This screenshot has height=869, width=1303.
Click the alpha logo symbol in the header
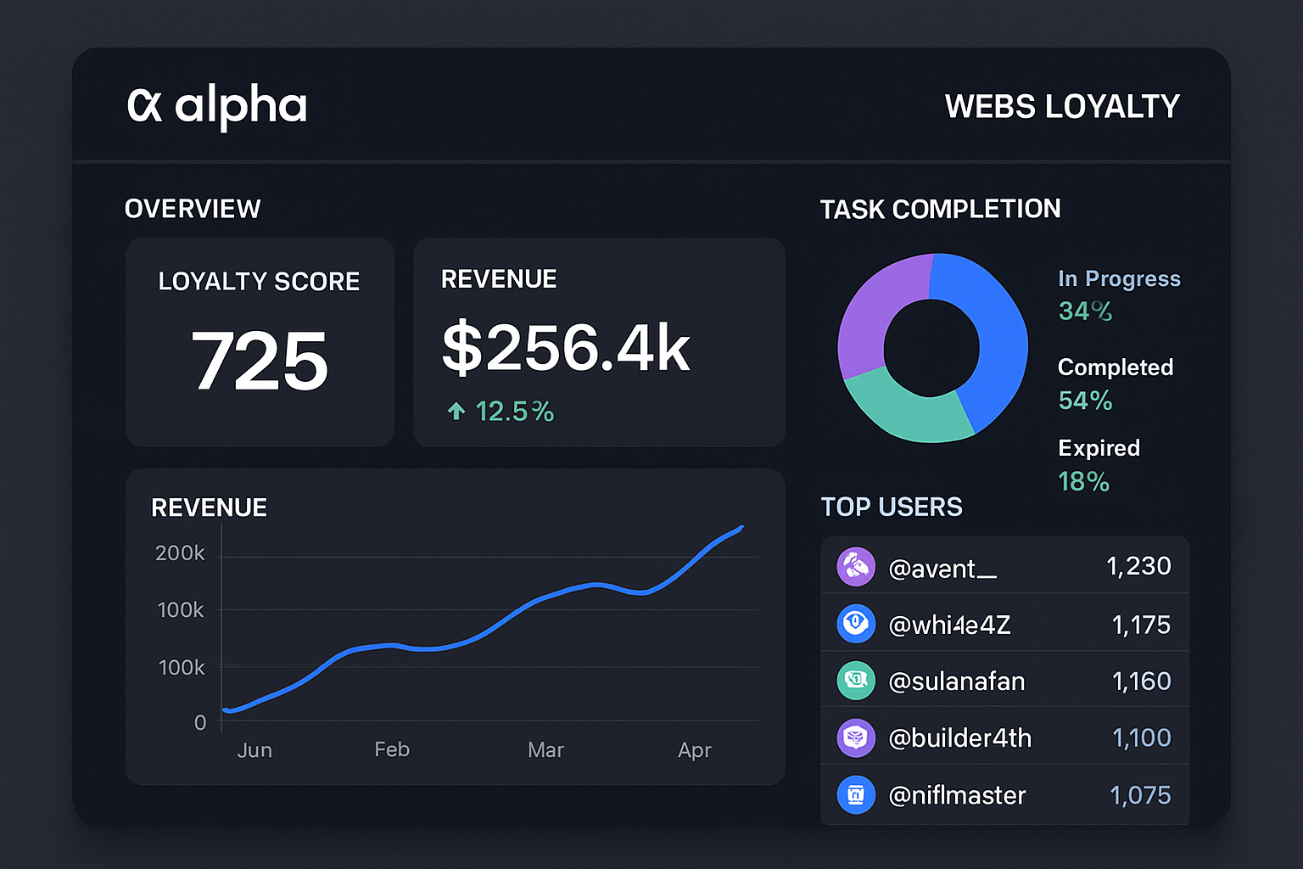(x=144, y=106)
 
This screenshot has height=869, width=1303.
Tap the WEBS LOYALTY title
(x=1062, y=107)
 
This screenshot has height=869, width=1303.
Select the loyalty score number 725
(x=260, y=362)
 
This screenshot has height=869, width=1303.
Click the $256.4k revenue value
(x=566, y=348)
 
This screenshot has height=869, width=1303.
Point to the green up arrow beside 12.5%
(x=456, y=412)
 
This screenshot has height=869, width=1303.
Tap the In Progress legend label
(x=1119, y=279)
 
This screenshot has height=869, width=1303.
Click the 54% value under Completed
(x=1085, y=401)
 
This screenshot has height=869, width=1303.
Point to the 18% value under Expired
(x=1083, y=482)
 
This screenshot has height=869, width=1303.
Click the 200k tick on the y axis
(x=180, y=553)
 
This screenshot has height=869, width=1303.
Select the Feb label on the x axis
(x=392, y=749)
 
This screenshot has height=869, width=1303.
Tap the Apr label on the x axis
(x=694, y=750)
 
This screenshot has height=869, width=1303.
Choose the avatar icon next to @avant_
(x=856, y=566)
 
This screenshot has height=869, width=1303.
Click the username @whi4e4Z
(x=949, y=625)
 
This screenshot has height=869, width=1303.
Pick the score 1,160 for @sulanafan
(x=1141, y=681)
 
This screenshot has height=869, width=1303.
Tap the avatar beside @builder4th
(x=856, y=738)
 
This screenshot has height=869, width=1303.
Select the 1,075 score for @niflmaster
(x=1140, y=795)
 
